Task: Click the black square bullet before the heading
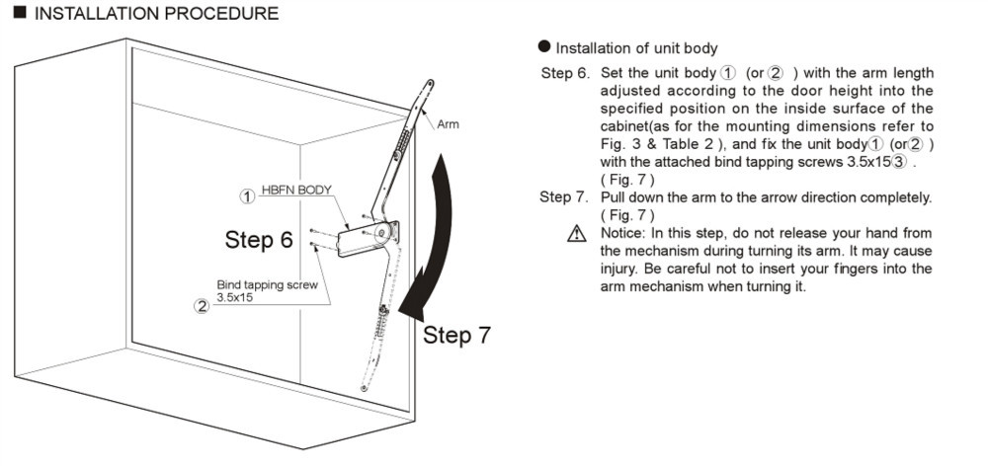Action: click(x=19, y=14)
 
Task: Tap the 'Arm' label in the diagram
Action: click(x=447, y=124)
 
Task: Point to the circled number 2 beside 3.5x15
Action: click(x=202, y=304)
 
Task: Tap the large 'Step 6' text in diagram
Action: click(x=259, y=240)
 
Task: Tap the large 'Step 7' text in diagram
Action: click(x=456, y=335)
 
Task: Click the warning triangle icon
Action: click(x=576, y=234)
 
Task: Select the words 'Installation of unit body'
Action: click(x=636, y=48)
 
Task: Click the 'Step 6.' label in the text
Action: click(x=564, y=74)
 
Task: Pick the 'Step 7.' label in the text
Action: click(x=563, y=197)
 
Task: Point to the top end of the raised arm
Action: click(x=430, y=85)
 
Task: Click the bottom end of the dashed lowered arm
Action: click(x=366, y=388)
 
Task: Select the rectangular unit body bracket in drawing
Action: click(x=356, y=241)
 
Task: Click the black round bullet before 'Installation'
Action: click(x=544, y=48)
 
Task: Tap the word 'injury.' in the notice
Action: click(x=622, y=269)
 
